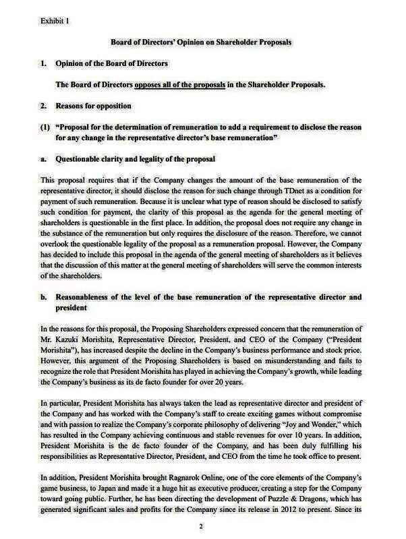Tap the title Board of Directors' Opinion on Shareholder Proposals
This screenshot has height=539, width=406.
tap(202, 42)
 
